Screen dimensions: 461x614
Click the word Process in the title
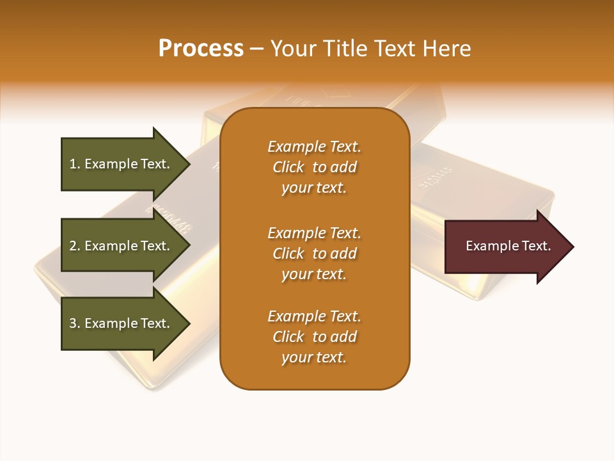[x=201, y=49]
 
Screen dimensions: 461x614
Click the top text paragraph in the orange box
[x=314, y=167]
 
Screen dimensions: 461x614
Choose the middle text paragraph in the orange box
[x=314, y=254]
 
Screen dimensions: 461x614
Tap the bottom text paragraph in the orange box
[x=314, y=337]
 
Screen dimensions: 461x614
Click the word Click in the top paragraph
[x=288, y=167]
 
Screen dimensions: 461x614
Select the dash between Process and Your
[x=256, y=49]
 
